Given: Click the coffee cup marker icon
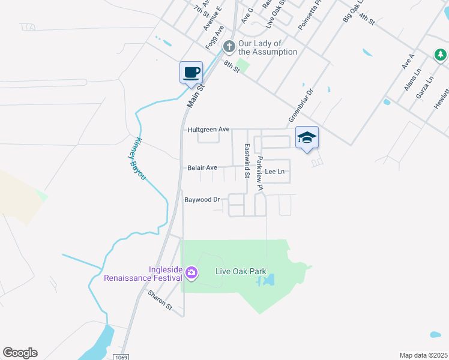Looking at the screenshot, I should click(191, 73).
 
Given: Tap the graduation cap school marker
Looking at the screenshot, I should click(306, 138).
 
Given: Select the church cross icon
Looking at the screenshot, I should click(229, 46).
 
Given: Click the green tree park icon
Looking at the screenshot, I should click(441, 55).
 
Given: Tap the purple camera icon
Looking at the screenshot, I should click(191, 274).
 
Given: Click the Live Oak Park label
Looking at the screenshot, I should click(240, 272).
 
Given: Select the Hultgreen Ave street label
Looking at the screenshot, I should click(209, 129).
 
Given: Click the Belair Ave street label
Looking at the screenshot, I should click(202, 168).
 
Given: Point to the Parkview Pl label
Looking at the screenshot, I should click(260, 174).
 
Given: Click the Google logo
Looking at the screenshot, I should click(20, 353).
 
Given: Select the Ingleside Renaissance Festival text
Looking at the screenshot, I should click(143, 274).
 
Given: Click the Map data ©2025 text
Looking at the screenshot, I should click(423, 355).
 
